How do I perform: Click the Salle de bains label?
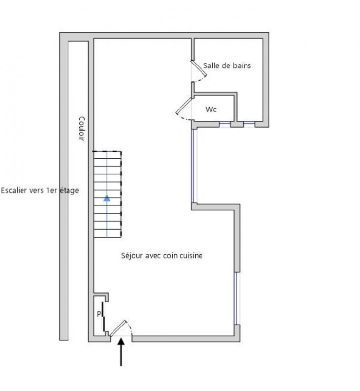[227, 65]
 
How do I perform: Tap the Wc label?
[211, 109]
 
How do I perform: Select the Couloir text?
[82, 129]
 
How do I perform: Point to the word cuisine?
[191, 255]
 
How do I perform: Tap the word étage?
[69, 191]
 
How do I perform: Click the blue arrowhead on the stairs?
[107, 198]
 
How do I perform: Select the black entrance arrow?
[121, 351]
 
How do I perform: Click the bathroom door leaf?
[199, 68]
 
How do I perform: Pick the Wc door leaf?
[184, 106]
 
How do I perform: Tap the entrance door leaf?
[118, 328]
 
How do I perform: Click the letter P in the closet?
[99, 314]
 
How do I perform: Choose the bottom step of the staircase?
[108, 234]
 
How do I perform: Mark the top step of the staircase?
[108, 155]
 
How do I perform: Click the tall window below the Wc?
[193, 166]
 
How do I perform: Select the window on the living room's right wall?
[235, 298]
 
